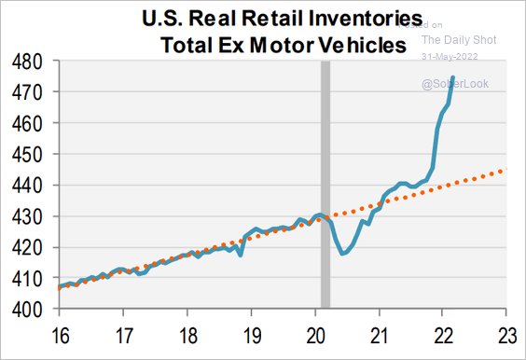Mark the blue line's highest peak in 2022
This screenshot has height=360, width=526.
453,76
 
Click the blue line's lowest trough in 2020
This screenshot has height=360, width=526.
344,254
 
